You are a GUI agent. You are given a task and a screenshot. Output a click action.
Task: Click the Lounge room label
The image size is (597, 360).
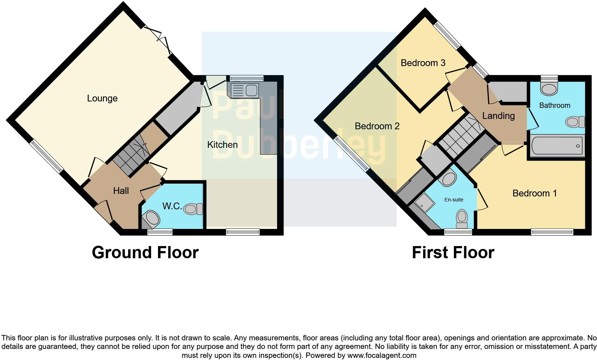point(102,98)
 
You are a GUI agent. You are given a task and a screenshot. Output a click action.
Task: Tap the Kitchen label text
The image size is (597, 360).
point(222,145)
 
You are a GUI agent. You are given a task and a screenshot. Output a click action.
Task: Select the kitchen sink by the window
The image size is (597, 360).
point(245,90)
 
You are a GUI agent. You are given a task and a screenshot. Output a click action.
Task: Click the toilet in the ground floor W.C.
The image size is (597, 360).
point(194,209)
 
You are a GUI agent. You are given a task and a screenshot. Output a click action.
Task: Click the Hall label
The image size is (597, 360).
point(121,191)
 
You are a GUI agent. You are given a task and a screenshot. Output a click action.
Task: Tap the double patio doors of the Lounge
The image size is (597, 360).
point(157,40)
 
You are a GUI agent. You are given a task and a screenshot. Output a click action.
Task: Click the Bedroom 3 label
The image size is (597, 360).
point(423,63)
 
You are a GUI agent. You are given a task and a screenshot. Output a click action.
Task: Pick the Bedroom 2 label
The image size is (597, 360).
point(377,126)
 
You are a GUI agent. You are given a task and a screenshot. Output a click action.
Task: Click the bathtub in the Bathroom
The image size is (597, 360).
point(556,146)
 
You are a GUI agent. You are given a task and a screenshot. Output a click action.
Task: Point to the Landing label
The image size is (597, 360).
point(498,116)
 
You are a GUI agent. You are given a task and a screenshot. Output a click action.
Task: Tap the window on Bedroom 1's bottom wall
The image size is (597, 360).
point(552,232)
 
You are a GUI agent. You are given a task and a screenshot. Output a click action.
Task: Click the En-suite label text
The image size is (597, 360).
point(453,200)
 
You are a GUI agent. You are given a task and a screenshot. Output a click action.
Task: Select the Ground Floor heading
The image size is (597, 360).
point(145,252)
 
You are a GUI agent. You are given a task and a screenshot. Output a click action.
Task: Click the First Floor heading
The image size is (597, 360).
point(453,252)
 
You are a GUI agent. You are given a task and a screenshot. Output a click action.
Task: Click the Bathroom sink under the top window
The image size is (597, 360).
point(549,88)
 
